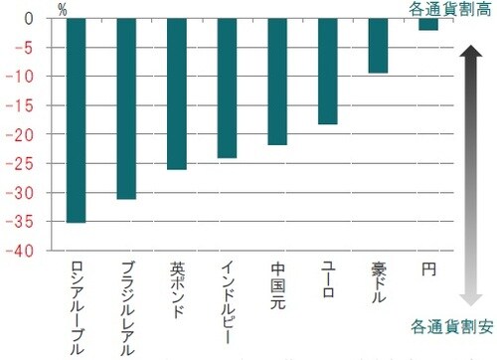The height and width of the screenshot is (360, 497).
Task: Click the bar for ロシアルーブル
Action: coord(77,120)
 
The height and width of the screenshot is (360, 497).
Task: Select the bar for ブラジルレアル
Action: coord(126,108)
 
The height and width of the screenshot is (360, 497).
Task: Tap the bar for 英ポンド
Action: coord(177,93)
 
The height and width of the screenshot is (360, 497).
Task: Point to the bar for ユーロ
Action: coord(328,71)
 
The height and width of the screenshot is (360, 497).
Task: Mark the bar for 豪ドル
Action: coord(378,46)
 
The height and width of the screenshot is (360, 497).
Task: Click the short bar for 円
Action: coord(428,25)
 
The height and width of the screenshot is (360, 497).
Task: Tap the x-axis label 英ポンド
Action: coord(178,289)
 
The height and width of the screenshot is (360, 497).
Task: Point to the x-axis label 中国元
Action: coord(278,283)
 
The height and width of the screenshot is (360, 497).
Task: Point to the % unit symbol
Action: coord(63,11)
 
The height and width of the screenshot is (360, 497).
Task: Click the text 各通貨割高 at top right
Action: coord(448,9)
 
